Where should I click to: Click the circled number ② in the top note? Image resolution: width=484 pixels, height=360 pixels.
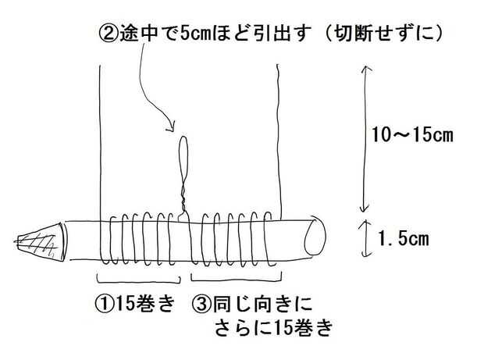107,35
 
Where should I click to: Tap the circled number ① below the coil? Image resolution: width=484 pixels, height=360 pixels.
102,301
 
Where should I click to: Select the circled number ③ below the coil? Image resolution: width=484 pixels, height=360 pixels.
199,301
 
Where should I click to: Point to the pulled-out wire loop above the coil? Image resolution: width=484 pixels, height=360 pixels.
183,155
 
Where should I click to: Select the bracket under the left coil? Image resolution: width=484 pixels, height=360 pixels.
138,277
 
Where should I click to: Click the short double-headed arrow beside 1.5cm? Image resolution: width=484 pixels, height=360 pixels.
364,238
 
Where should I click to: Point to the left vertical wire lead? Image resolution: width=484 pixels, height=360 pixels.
101,141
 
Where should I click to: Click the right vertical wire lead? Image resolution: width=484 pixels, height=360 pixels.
280,141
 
